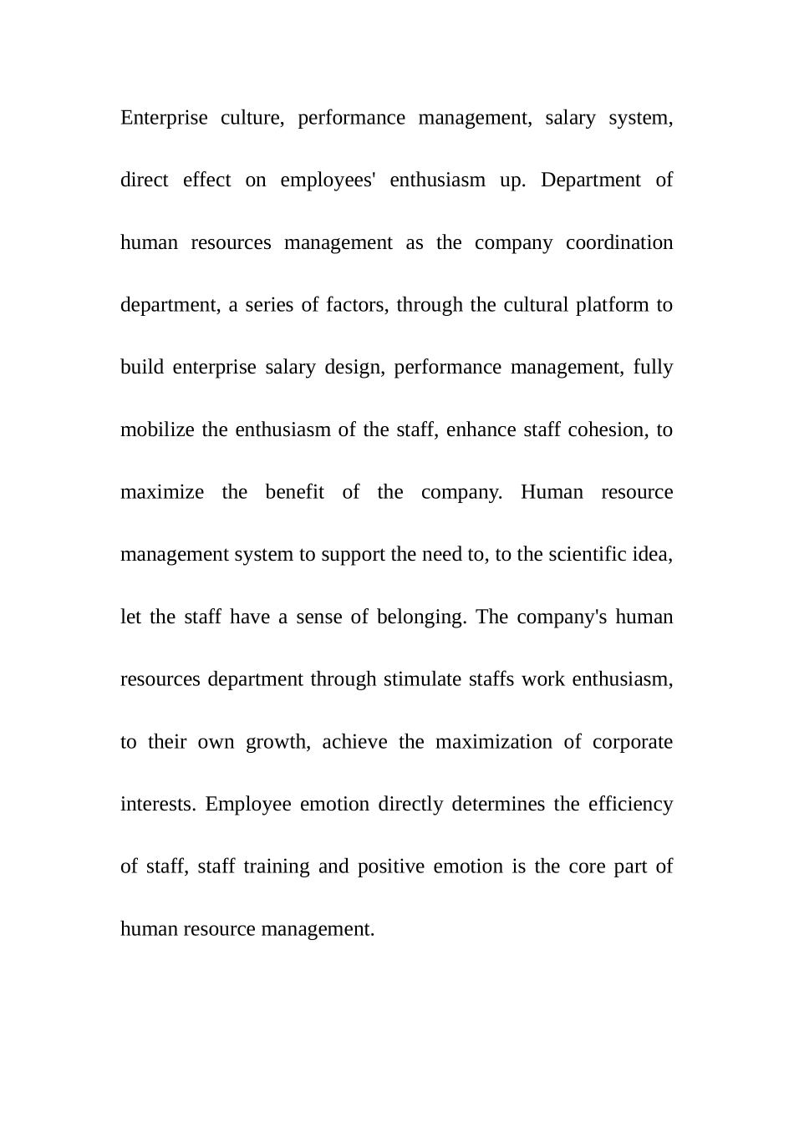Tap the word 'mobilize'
coord(157,429)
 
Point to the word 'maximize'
coord(161,492)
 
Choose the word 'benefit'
coord(294,492)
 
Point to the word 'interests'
coord(158,805)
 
